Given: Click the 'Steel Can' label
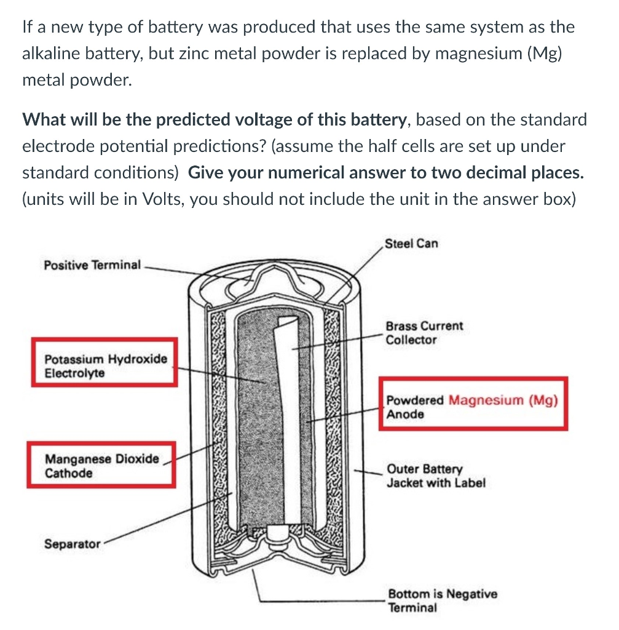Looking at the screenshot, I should click(411, 243).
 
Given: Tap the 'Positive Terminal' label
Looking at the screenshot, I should click(92, 265).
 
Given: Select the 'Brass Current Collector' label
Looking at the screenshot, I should click(424, 333).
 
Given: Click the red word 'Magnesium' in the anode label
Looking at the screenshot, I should click(486, 400).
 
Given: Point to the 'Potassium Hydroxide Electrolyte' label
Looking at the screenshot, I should click(105, 366).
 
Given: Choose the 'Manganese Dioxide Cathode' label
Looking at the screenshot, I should click(101, 466).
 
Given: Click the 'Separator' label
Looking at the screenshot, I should click(72, 544).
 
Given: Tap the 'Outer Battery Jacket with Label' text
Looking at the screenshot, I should click(436, 476).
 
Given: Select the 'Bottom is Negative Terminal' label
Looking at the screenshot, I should click(442, 600).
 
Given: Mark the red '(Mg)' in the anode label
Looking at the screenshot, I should click(543, 400).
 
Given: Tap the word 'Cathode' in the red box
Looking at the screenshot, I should click(69, 473).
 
